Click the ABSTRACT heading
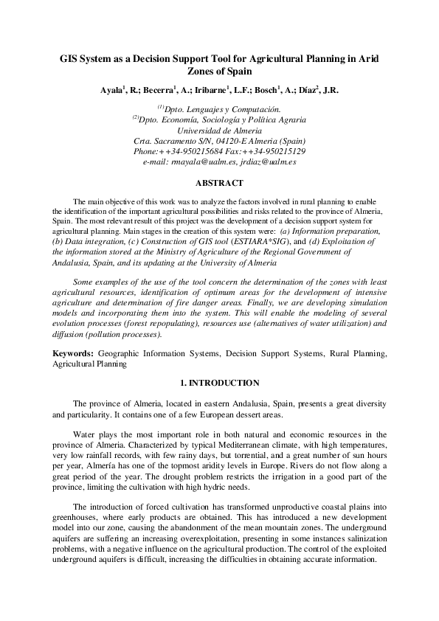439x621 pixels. point(219,183)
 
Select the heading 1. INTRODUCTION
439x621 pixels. point(219,383)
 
